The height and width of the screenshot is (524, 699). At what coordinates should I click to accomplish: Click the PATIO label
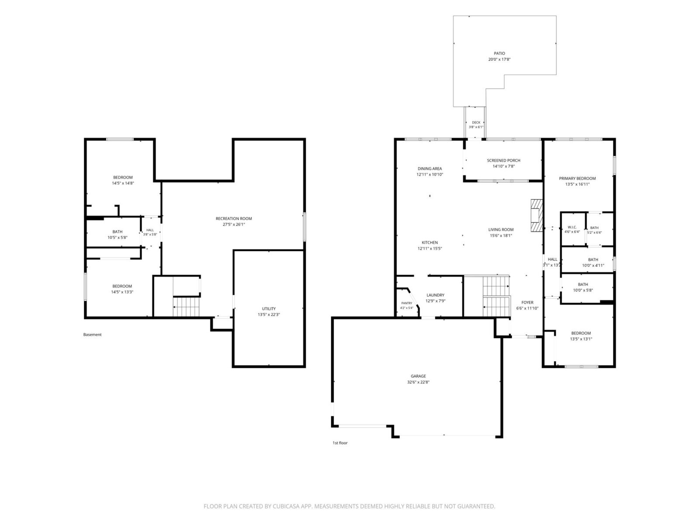(x=499, y=53)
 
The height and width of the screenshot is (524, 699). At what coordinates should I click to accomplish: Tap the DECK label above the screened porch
(x=476, y=123)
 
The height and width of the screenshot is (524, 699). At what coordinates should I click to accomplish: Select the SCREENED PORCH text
(x=503, y=160)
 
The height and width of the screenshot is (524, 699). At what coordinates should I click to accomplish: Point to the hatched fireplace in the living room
(x=536, y=215)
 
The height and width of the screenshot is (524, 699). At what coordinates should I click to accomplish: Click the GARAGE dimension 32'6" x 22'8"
(x=418, y=382)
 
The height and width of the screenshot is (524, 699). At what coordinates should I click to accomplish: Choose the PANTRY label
(x=407, y=303)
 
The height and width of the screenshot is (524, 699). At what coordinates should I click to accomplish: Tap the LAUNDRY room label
(x=435, y=295)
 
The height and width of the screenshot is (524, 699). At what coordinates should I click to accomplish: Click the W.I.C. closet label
(x=572, y=227)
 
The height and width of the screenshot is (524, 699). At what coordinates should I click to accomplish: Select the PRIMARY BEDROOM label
(x=578, y=179)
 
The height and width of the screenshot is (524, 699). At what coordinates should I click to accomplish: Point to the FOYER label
(x=527, y=303)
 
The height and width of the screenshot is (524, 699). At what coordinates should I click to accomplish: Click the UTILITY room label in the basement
(x=269, y=309)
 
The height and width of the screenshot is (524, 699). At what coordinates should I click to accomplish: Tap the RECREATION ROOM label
(x=234, y=219)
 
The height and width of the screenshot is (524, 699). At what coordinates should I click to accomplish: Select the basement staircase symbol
(x=186, y=307)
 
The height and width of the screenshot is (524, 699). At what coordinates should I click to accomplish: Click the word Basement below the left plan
(x=92, y=334)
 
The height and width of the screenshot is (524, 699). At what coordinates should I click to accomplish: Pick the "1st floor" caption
(x=340, y=443)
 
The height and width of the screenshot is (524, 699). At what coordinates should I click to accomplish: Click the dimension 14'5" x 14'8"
(x=123, y=183)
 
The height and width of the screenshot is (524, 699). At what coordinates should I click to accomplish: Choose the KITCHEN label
(x=429, y=242)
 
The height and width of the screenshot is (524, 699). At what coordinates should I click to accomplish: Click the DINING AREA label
(x=429, y=169)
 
